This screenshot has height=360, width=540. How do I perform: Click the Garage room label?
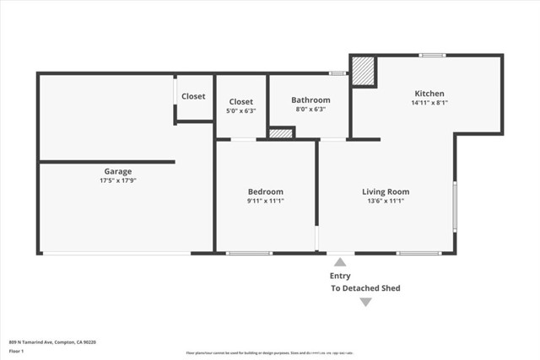[x=117, y=171]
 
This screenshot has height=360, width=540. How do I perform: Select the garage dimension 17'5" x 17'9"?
[x=117, y=180]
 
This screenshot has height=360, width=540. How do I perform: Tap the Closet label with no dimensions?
[x=193, y=96]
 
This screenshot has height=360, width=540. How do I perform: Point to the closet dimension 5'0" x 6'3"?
[x=240, y=110]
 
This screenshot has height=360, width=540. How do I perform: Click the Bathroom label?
[x=310, y=99]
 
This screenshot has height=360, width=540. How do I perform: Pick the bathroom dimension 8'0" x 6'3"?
[x=310, y=109]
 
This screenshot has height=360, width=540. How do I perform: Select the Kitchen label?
[x=429, y=94]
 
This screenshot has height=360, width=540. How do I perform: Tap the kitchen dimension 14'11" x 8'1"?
[x=429, y=103]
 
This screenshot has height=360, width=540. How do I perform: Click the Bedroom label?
[x=265, y=191]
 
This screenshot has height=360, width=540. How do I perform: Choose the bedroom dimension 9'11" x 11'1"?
[x=265, y=201]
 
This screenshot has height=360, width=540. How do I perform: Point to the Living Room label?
[x=386, y=191]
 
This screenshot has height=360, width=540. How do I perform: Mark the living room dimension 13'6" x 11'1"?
[x=386, y=201]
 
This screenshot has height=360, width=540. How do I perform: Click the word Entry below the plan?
[x=340, y=276]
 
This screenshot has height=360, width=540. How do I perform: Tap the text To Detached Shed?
[x=365, y=288]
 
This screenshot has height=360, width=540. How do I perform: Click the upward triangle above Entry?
[x=340, y=262]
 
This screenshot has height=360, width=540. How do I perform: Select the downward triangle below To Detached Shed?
[x=365, y=302]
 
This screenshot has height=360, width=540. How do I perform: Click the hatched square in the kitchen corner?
[x=363, y=71]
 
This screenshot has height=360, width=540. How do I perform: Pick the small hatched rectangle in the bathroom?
[x=280, y=133]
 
